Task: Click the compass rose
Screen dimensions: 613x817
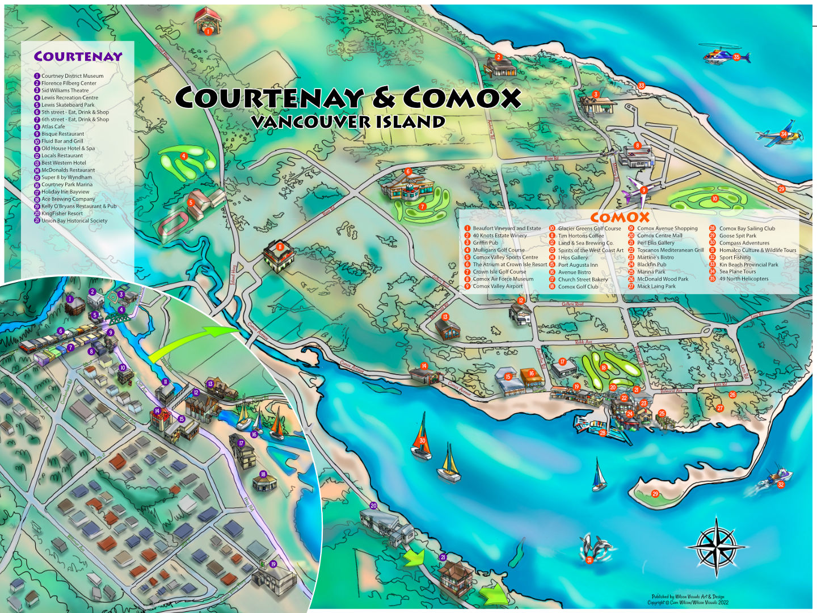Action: [716, 547]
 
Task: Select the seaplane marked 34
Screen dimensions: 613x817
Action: [780, 135]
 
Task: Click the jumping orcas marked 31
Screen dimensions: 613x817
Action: [596, 549]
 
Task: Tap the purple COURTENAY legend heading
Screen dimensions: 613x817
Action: [78, 57]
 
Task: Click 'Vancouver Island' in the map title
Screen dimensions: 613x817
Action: [348, 122]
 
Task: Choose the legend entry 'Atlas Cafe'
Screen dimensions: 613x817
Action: [53, 127]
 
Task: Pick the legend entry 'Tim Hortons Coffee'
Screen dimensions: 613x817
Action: [580, 236]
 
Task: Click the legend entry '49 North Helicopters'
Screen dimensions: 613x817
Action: [743, 279]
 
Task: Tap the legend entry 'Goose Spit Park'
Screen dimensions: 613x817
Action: [737, 236]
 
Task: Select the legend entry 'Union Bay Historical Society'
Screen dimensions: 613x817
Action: [74, 221]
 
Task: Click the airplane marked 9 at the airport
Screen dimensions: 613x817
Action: [639, 191]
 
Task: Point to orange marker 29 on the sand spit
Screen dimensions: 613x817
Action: [655, 494]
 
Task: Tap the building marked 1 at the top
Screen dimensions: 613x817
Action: [208, 22]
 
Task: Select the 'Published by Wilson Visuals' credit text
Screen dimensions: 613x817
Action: [688, 597]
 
